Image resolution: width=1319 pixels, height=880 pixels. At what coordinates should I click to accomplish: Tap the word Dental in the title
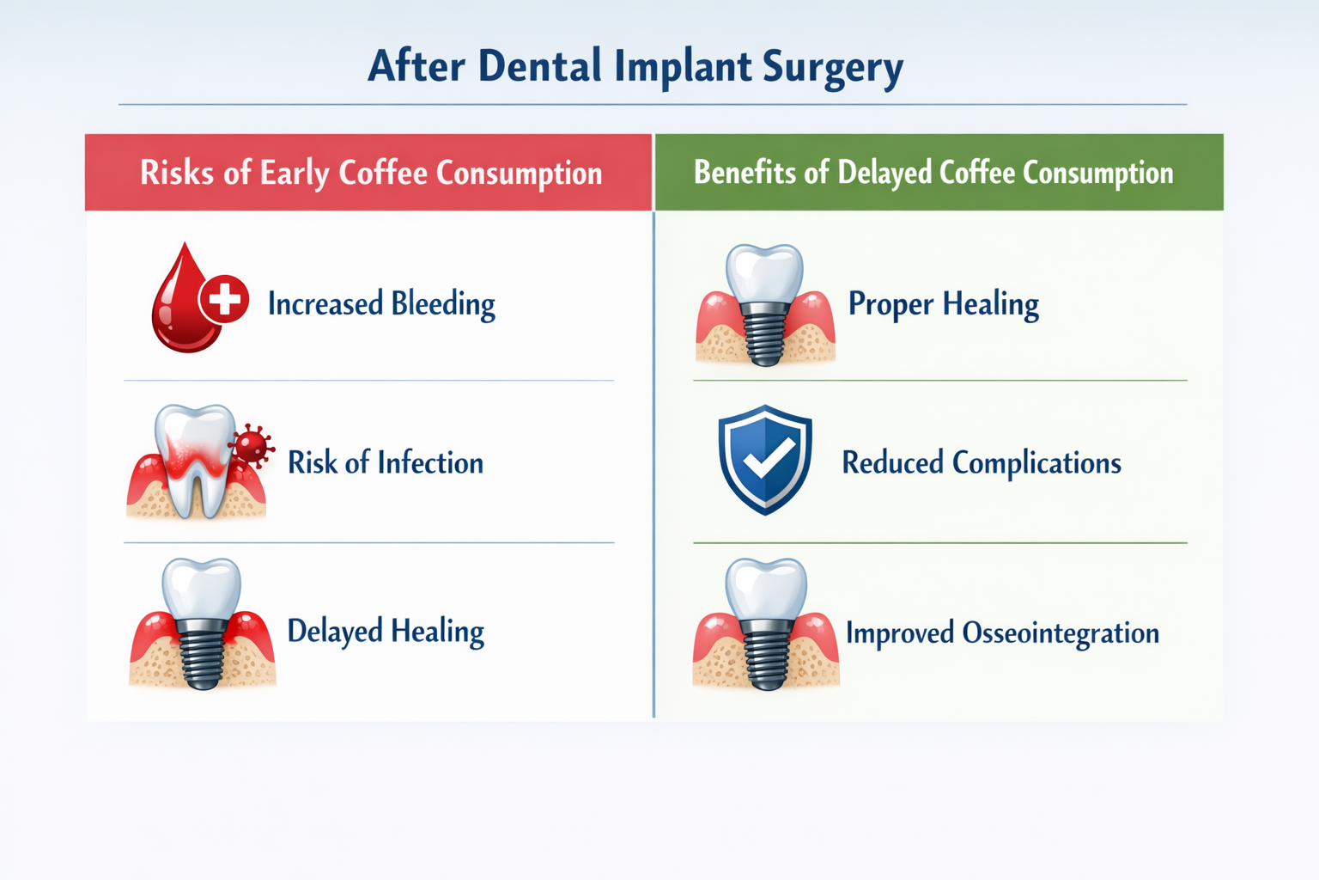point(539,66)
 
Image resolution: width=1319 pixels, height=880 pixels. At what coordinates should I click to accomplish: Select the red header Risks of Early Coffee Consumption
point(370,173)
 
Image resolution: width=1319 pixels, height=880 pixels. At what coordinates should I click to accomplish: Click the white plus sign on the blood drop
point(224,300)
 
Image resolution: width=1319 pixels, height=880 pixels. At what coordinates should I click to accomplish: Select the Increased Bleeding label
point(381,304)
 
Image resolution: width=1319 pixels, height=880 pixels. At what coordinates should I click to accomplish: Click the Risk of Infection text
point(385,463)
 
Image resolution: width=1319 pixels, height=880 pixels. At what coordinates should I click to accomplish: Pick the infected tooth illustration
point(194,462)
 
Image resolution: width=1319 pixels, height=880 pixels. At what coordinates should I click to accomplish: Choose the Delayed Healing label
point(385,632)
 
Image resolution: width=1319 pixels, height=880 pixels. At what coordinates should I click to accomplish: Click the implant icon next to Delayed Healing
point(203,626)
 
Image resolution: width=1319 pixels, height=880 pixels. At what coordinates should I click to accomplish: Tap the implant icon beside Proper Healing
point(764,306)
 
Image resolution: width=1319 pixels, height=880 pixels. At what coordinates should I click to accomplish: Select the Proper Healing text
point(943,304)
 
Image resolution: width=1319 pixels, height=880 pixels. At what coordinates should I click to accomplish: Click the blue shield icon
point(764,460)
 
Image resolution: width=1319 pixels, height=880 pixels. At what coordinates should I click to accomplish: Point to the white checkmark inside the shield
point(767,460)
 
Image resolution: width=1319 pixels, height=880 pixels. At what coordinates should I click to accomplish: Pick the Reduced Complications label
point(981,463)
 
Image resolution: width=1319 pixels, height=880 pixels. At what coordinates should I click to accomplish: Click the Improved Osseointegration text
point(1002,633)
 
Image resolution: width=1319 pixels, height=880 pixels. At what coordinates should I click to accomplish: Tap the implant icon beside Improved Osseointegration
point(765,626)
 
